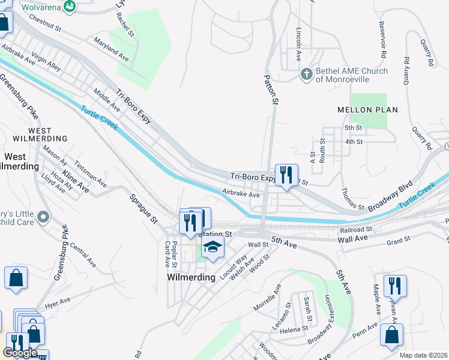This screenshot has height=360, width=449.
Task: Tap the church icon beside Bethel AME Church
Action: [x=306, y=75]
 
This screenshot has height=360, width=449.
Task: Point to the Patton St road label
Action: [x=271, y=90]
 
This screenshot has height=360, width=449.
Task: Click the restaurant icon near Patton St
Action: [x=286, y=175]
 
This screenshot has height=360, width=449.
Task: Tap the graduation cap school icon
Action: [x=212, y=247]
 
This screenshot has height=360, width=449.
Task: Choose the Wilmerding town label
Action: [x=191, y=277]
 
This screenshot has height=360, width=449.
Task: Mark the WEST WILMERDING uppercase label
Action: [x=48, y=134]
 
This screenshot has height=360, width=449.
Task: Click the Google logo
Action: [x=20, y=353]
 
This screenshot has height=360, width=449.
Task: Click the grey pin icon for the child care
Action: [x=43, y=217]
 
